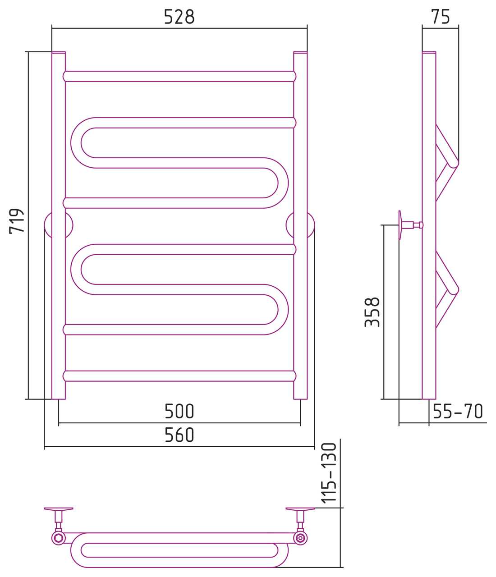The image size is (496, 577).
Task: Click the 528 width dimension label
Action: click(179, 17)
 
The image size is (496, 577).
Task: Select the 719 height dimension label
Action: click(17, 221)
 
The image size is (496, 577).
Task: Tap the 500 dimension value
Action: click(179, 411)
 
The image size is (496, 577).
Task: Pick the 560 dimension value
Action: click(179, 435)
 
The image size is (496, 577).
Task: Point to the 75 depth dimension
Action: click(441, 17)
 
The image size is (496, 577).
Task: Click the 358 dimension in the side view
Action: click(372, 312)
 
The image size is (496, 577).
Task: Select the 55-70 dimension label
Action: click(458, 411)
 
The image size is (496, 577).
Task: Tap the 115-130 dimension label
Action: click(329, 473)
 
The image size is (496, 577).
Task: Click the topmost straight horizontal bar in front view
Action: click(179, 76)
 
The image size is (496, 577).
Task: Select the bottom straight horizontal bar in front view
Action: click(179, 376)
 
